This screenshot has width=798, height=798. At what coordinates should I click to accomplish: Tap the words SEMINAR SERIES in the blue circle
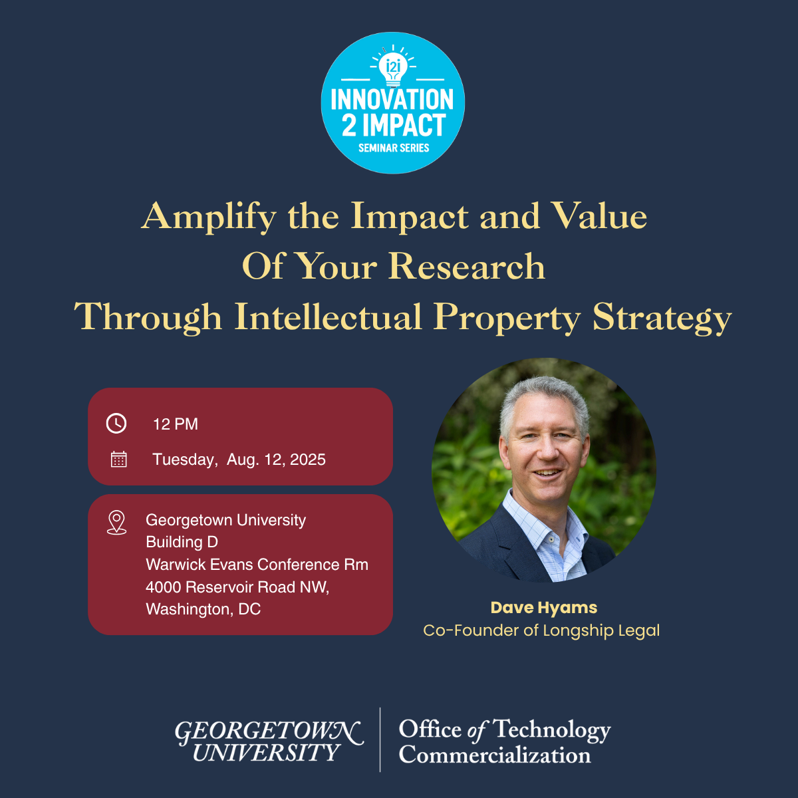394,148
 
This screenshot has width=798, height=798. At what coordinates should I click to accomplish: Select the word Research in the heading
467,266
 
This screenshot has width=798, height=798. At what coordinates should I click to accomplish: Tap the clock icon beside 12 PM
116,423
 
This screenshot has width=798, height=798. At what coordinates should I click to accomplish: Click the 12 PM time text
176,424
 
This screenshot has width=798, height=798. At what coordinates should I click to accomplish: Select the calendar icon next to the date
119,460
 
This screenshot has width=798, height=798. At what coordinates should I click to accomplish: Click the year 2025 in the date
308,460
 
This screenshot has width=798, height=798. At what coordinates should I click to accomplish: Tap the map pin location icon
117,522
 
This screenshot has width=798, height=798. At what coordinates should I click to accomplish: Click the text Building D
182,542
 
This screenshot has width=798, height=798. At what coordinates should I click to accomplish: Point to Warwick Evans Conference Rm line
257,565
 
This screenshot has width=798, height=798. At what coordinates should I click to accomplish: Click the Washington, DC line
203,609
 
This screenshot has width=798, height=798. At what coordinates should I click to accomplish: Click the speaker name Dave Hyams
544,608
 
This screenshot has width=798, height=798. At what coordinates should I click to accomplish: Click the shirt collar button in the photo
551,540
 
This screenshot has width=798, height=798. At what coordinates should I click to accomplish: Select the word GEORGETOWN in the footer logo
269,731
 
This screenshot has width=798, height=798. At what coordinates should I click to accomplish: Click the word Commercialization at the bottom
495,755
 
